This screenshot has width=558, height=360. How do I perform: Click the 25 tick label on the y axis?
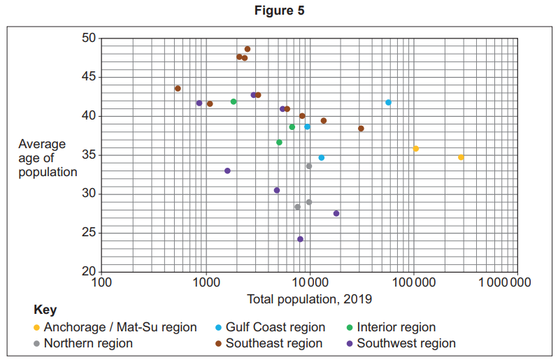click(x=88, y=233)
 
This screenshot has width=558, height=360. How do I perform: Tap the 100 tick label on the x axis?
click(x=102, y=282)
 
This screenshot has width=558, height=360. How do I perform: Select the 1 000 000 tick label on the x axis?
click(x=517, y=282)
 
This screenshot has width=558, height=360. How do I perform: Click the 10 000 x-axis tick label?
click(x=308, y=282)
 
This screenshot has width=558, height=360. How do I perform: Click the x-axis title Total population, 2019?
click(x=309, y=298)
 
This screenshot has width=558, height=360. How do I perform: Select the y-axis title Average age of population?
click(x=47, y=158)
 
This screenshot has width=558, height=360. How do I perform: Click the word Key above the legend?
click(x=45, y=310)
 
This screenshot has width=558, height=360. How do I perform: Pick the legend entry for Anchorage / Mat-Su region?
click(x=120, y=327)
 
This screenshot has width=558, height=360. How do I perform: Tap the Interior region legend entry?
click(x=396, y=327)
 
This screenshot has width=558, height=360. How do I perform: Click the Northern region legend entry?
click(x=88, y=343)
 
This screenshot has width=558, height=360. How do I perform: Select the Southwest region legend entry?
click(x=406, y=343)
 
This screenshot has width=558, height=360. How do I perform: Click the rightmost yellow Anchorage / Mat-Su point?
click(x=461, y=157)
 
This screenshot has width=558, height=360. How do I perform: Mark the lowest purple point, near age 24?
click(x=300, y=239)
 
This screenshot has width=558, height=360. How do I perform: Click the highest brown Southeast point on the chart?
click(x=248, y=49)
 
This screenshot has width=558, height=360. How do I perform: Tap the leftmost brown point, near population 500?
click(x=178, y=88)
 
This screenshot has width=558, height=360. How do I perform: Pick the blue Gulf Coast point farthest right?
click(x=388, y=103)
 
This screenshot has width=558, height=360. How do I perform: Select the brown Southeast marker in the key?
click(x=218, y=344)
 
